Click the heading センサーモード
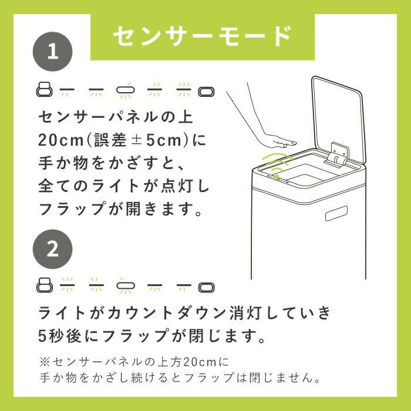(202, 36)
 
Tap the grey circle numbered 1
(52, 52)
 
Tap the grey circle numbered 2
(52, 249)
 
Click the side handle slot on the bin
(336, 213)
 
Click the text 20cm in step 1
(61, 140)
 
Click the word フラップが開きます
(120, 209)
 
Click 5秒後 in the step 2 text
(60, 336)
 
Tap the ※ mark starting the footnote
(45, 362)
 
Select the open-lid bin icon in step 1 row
(44, 89)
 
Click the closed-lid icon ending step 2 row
(206, 287)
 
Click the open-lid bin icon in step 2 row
(44, 285)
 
